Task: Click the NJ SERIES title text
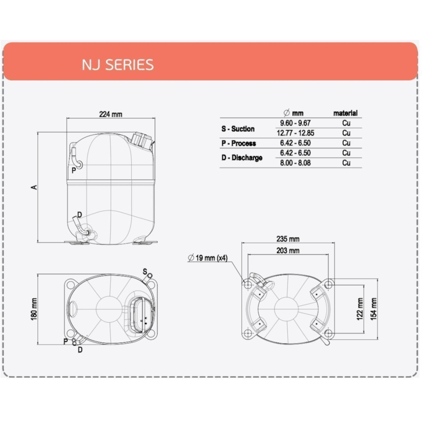118,65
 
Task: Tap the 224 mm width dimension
111,114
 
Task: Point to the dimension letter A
34,187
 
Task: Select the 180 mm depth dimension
34,309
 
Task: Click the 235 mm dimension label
288,239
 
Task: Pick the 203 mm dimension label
288,250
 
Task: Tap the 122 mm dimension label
360,309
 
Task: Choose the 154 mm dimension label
374,309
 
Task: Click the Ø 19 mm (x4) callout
208,258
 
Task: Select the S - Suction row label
238,129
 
